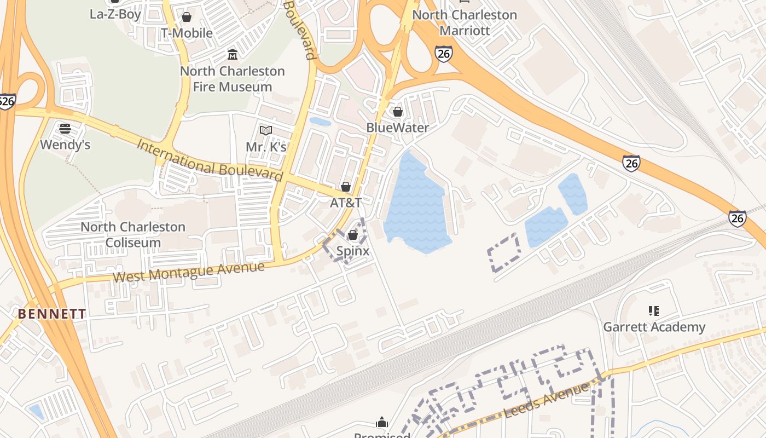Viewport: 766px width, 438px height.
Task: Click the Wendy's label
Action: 65,145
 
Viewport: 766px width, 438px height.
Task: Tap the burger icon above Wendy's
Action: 65,129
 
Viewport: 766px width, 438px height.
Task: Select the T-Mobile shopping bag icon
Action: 187,17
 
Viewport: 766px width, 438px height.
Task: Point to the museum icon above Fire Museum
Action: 233,55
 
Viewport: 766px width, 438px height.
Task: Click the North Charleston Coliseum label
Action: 133,234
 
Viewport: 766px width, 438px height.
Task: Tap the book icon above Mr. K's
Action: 266,131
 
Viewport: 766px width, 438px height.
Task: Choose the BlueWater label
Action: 397,128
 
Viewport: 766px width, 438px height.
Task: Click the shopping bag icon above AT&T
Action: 346,187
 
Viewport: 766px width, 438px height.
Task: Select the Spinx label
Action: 352,251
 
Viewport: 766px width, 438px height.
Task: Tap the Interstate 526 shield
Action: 7,101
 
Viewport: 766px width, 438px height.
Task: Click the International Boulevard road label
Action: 210,161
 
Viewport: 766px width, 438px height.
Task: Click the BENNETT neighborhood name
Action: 52,314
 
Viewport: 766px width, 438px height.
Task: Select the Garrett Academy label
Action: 654,327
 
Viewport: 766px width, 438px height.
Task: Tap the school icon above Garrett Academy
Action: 653,311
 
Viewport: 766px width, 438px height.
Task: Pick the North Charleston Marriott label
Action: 465,22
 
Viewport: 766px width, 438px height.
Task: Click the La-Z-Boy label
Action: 115,14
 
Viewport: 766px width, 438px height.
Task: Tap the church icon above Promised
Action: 382,423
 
